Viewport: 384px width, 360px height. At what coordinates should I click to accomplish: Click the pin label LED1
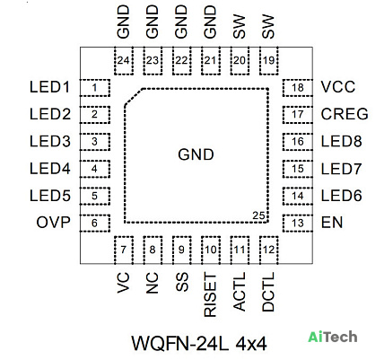(50, 87)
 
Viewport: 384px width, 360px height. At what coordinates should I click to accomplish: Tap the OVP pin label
(54, 223)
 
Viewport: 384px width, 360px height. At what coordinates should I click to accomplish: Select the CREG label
(345, 114)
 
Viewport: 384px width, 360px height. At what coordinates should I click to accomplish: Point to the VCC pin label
(338, 87)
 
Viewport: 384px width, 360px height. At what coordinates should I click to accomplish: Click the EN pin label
(332, 223)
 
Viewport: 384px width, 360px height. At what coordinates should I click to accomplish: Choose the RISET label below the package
(210, 294)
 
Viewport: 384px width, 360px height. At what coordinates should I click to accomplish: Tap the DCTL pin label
(268, 292)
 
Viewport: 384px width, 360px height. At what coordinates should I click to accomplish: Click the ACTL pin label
(239, 292)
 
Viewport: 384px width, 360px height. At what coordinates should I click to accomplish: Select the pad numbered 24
(124, 61)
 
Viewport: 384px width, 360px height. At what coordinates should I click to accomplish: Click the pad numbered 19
(269, 61)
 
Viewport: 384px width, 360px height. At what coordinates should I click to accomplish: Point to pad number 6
(95, 223)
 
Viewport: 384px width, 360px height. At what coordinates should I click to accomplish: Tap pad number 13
(298, 223)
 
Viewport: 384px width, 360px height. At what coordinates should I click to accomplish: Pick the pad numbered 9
(181, 250)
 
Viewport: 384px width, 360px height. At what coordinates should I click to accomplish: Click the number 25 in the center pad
(258, 215)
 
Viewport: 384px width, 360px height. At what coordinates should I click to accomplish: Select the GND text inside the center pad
(196, 154)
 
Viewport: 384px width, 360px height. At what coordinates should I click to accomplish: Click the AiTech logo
(333, 337)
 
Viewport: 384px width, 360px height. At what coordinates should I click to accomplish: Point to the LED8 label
(341, 141)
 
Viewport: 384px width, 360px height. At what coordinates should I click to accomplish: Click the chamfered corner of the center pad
(134, 97)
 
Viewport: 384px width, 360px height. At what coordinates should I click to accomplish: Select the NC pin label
(152, 283)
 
